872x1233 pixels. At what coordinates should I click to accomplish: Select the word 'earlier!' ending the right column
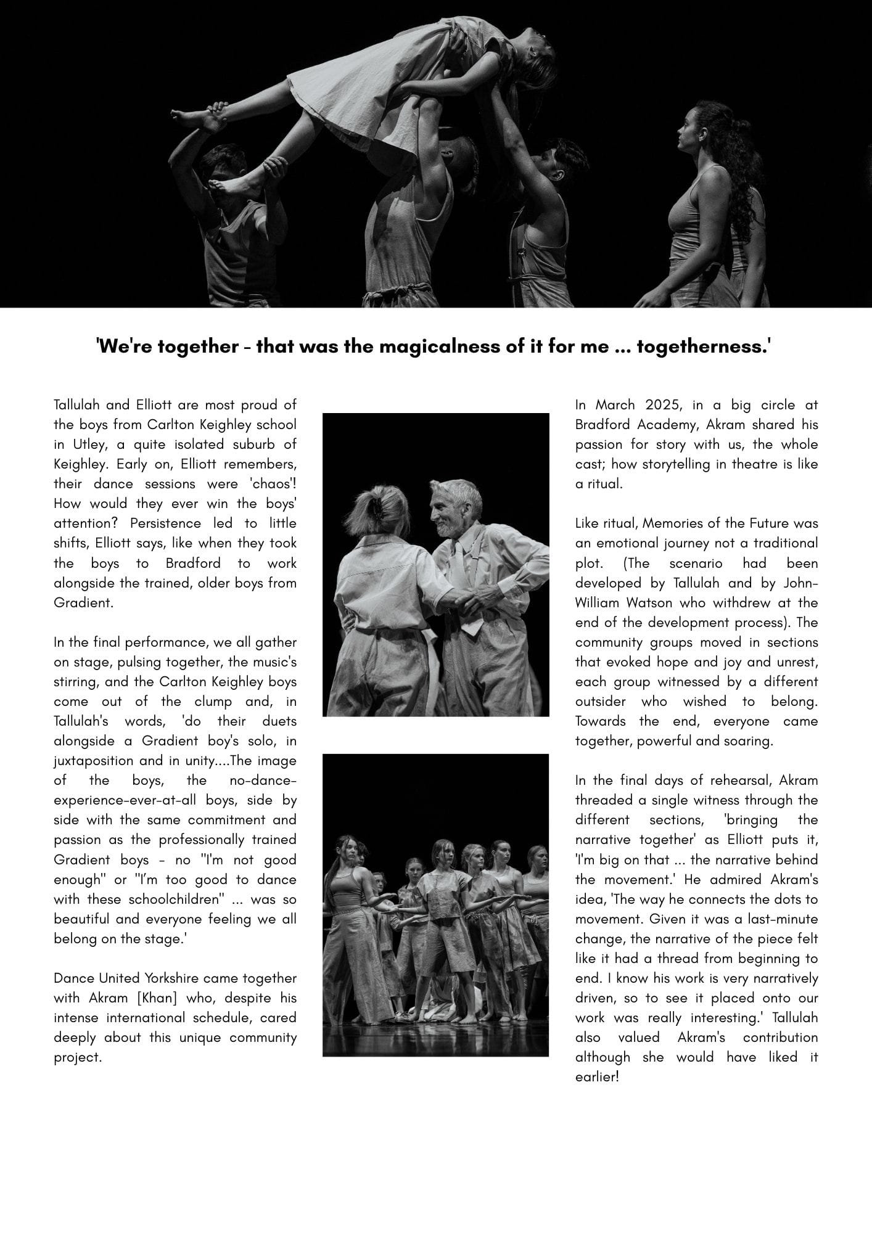(596, 1077)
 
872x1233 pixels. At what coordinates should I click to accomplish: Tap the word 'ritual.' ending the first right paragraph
(599, 484)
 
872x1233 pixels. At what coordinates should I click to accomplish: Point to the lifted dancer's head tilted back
(532, 40)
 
